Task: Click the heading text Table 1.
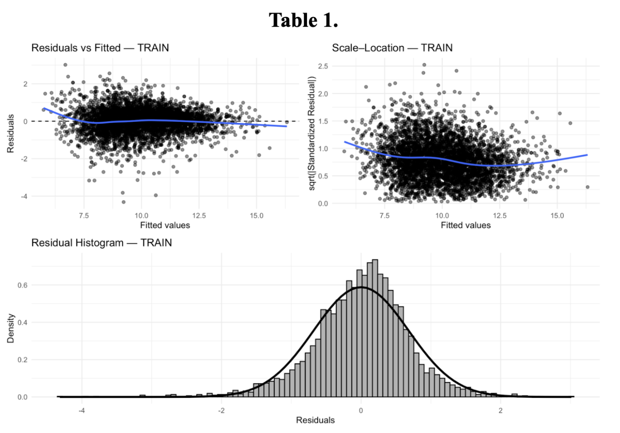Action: [303, 20]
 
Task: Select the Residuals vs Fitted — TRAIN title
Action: [100, 48]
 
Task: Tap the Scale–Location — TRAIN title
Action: [392, 48]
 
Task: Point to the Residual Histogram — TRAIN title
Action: [101, 243]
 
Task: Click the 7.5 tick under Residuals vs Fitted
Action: [84, 216]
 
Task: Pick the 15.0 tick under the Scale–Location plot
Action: [557, 216]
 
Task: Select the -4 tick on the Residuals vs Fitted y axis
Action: [25, 196]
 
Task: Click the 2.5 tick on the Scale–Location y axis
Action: [323, 66]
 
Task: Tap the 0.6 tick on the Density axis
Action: [22, 285]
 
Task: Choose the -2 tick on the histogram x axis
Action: [221, 410]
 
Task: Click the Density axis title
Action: [11, 329]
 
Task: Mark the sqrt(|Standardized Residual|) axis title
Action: [312, 133]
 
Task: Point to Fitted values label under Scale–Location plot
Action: [465, 225]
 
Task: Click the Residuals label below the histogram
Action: [315, 420]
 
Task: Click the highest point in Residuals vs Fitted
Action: [65, 65]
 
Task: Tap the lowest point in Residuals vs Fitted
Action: [123, 202]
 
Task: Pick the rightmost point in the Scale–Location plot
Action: [587, 187]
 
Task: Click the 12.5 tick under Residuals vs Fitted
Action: [199, 216]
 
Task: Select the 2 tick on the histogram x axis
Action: [500, 410]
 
